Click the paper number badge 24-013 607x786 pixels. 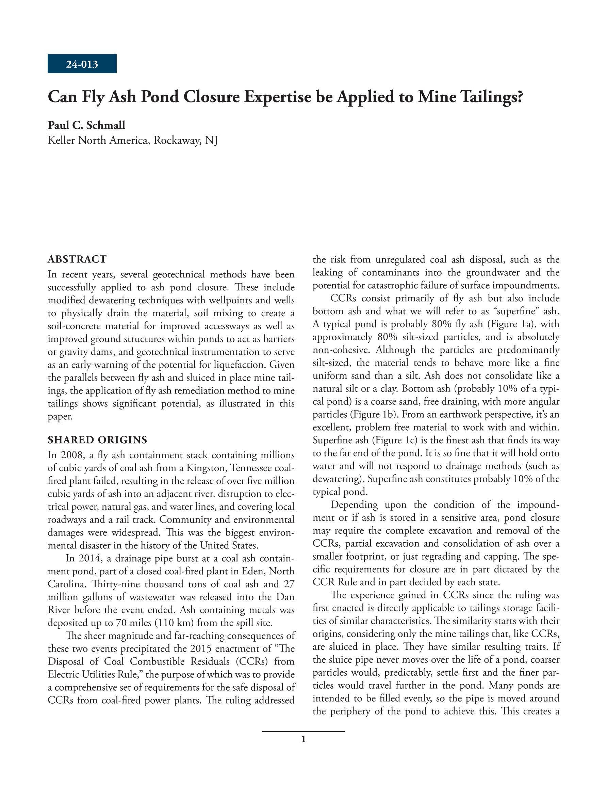82,64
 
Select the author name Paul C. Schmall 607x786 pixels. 86,125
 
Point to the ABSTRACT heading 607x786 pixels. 77,259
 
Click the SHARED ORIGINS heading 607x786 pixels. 97,440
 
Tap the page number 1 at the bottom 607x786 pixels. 303,739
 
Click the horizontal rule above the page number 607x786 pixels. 303,732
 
